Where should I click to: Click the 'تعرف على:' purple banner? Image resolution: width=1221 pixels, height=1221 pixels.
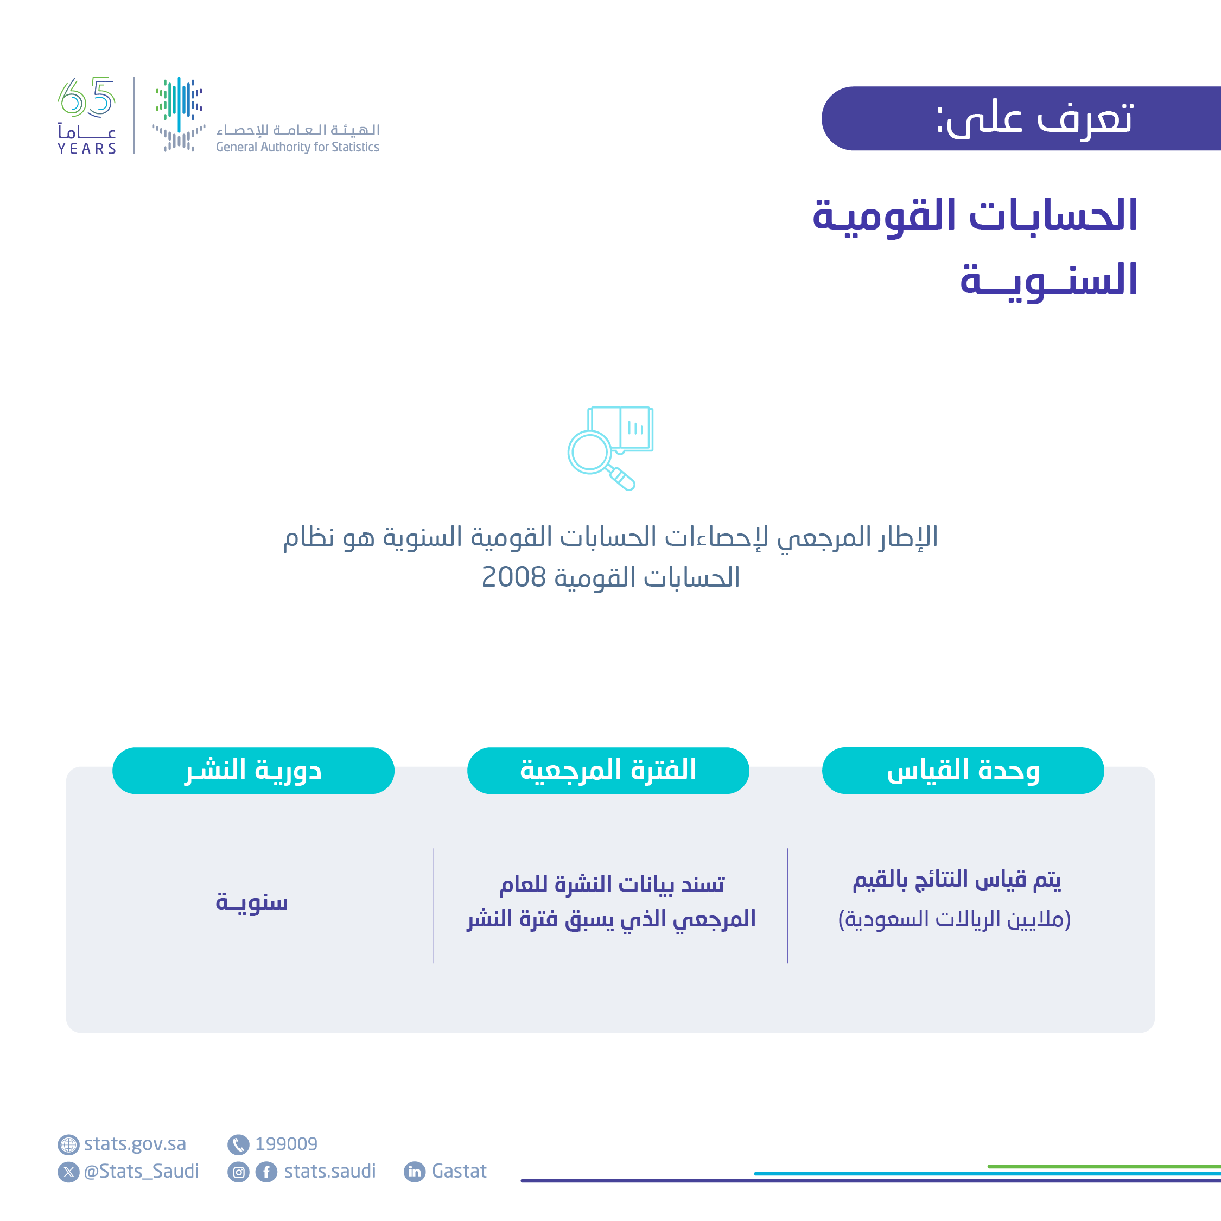click(1021, 118)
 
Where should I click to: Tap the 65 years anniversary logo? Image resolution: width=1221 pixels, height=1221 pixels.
click(87, 116)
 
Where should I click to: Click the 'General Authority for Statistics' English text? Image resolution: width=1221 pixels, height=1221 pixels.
click(297, 147)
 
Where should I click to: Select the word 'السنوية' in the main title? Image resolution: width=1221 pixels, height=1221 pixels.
click(1048, 280)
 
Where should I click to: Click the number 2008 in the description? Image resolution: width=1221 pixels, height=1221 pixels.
click(513, 577)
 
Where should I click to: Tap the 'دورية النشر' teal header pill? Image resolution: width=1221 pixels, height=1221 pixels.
click(253, 771)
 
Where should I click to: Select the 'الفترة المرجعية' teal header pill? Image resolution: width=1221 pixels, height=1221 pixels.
click(608, 771)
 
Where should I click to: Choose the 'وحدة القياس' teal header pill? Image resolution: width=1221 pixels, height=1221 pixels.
click(963, 771)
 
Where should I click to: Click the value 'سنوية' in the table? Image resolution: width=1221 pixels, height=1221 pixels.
click(252, 902)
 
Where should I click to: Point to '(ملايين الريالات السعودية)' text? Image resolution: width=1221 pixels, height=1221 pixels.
click(955, 919)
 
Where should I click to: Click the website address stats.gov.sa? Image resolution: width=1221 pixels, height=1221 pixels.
click(135, 1144)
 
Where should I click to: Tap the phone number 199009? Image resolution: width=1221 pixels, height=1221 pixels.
click(285, 1144)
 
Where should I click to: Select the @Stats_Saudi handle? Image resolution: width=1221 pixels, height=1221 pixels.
click(141, 1172)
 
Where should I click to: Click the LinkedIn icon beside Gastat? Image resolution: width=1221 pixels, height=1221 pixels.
click(415, 1172)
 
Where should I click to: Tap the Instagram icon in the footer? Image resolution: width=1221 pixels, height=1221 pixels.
click(238, 1172)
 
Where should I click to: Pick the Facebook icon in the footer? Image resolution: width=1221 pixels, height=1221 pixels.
click(266, 1172)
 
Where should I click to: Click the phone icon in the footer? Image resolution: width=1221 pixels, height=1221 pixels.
click(238, 1144)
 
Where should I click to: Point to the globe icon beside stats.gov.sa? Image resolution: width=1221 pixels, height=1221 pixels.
click(68, 1144)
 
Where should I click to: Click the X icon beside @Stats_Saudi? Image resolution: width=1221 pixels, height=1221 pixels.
click(68, 1172)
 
